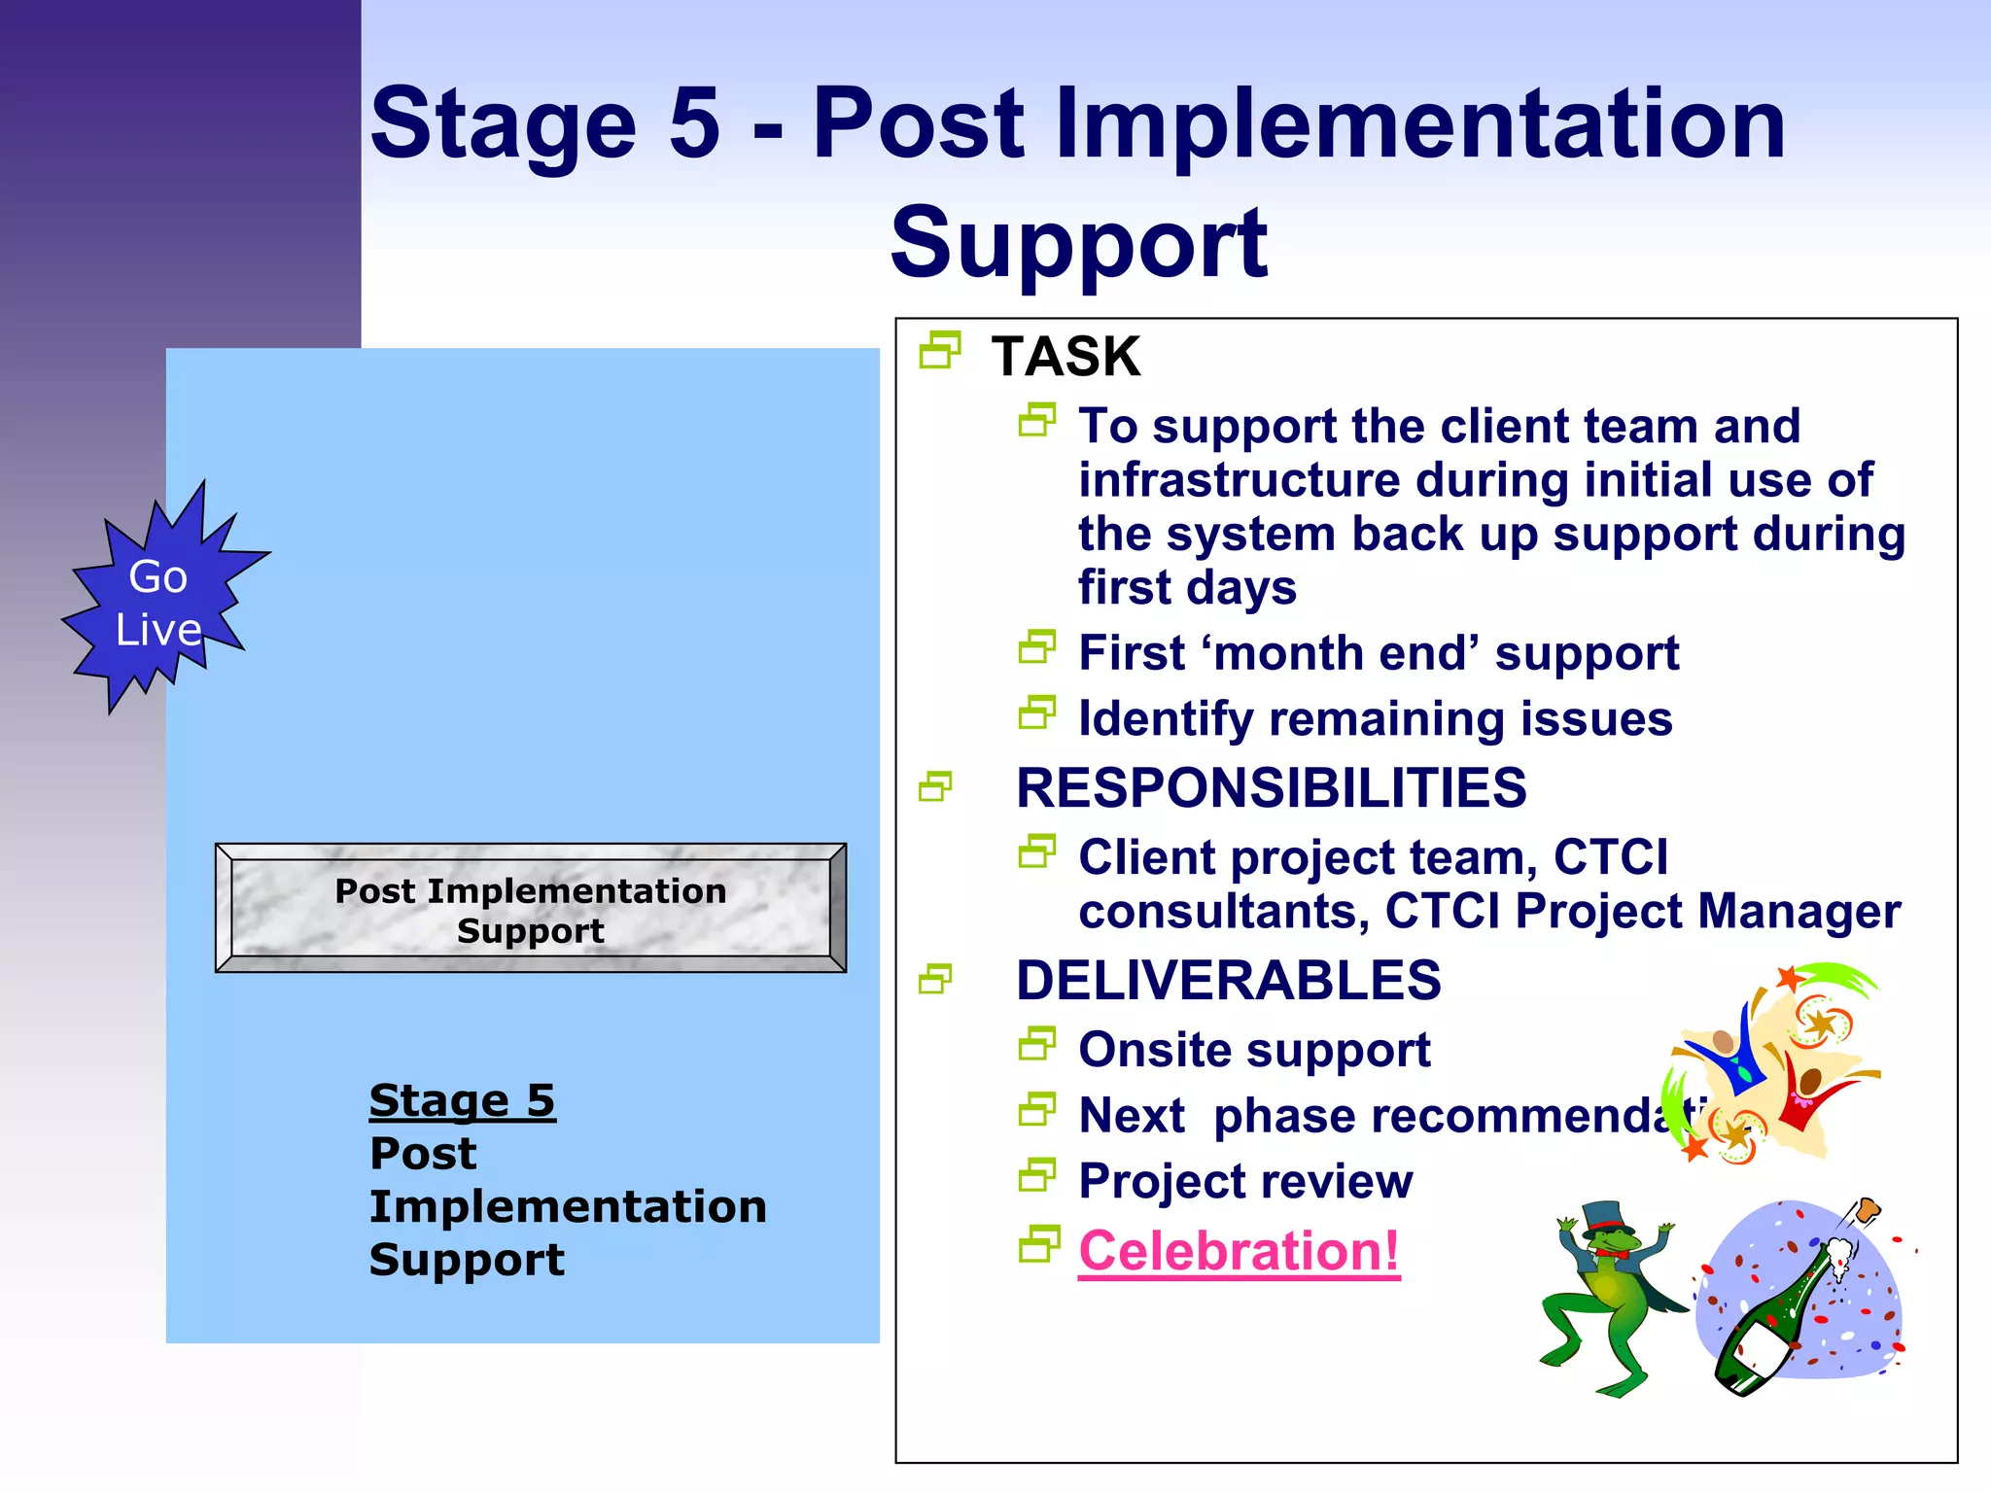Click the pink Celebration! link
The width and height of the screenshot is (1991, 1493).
(1239, 1251)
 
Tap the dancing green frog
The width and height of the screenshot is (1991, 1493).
(1609, 1302)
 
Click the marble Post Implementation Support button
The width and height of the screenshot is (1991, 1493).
(531, 909)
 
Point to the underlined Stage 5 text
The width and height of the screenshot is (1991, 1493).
(462, 1101)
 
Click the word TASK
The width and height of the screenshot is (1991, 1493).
(1065, 357)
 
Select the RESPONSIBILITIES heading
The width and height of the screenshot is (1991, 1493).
(1271, 787)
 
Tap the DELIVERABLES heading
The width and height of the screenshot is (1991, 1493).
(1228, 980)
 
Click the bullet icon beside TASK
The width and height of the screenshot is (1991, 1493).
(939, 350)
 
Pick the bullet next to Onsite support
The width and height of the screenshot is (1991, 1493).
(1037, 1045)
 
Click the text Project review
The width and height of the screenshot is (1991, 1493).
(1245, 1181)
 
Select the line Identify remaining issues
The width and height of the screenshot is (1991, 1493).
(1375, 719)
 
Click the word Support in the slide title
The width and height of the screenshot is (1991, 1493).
(1078, 243)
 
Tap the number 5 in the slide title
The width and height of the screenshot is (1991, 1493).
(694, 123)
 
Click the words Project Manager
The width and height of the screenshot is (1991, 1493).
(1707, 912)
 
